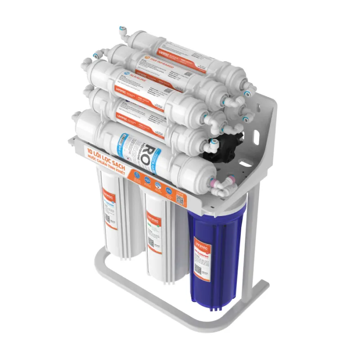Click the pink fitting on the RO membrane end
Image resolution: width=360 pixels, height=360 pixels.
coord(211,182)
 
